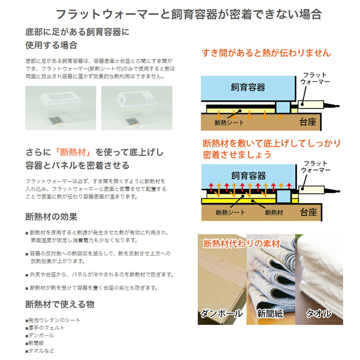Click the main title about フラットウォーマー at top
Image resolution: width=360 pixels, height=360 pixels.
click(x=188, y=14)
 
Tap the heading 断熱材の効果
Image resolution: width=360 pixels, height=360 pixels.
click(x=51, y=217)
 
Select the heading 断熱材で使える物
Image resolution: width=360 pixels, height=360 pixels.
click(x=60, y=304)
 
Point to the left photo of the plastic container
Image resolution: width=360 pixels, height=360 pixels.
click(x=60, y=108)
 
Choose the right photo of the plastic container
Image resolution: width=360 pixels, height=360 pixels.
click(x=136, y=108)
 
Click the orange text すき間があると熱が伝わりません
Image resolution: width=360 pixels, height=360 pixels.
click(x=266, y=53)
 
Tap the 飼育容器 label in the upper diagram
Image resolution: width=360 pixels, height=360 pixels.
click(x=248, y=87)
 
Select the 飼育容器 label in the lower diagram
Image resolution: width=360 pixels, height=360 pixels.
click(x=248, y=176)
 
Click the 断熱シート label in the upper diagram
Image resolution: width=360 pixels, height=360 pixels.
click(x=229, y=123)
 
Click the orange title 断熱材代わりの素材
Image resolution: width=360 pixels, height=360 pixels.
click(x=241, y=244)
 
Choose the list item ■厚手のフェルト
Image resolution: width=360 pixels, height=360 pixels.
click(x=45, y=328)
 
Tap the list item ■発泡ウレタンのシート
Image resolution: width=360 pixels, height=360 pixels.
click(x=53, y=320)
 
